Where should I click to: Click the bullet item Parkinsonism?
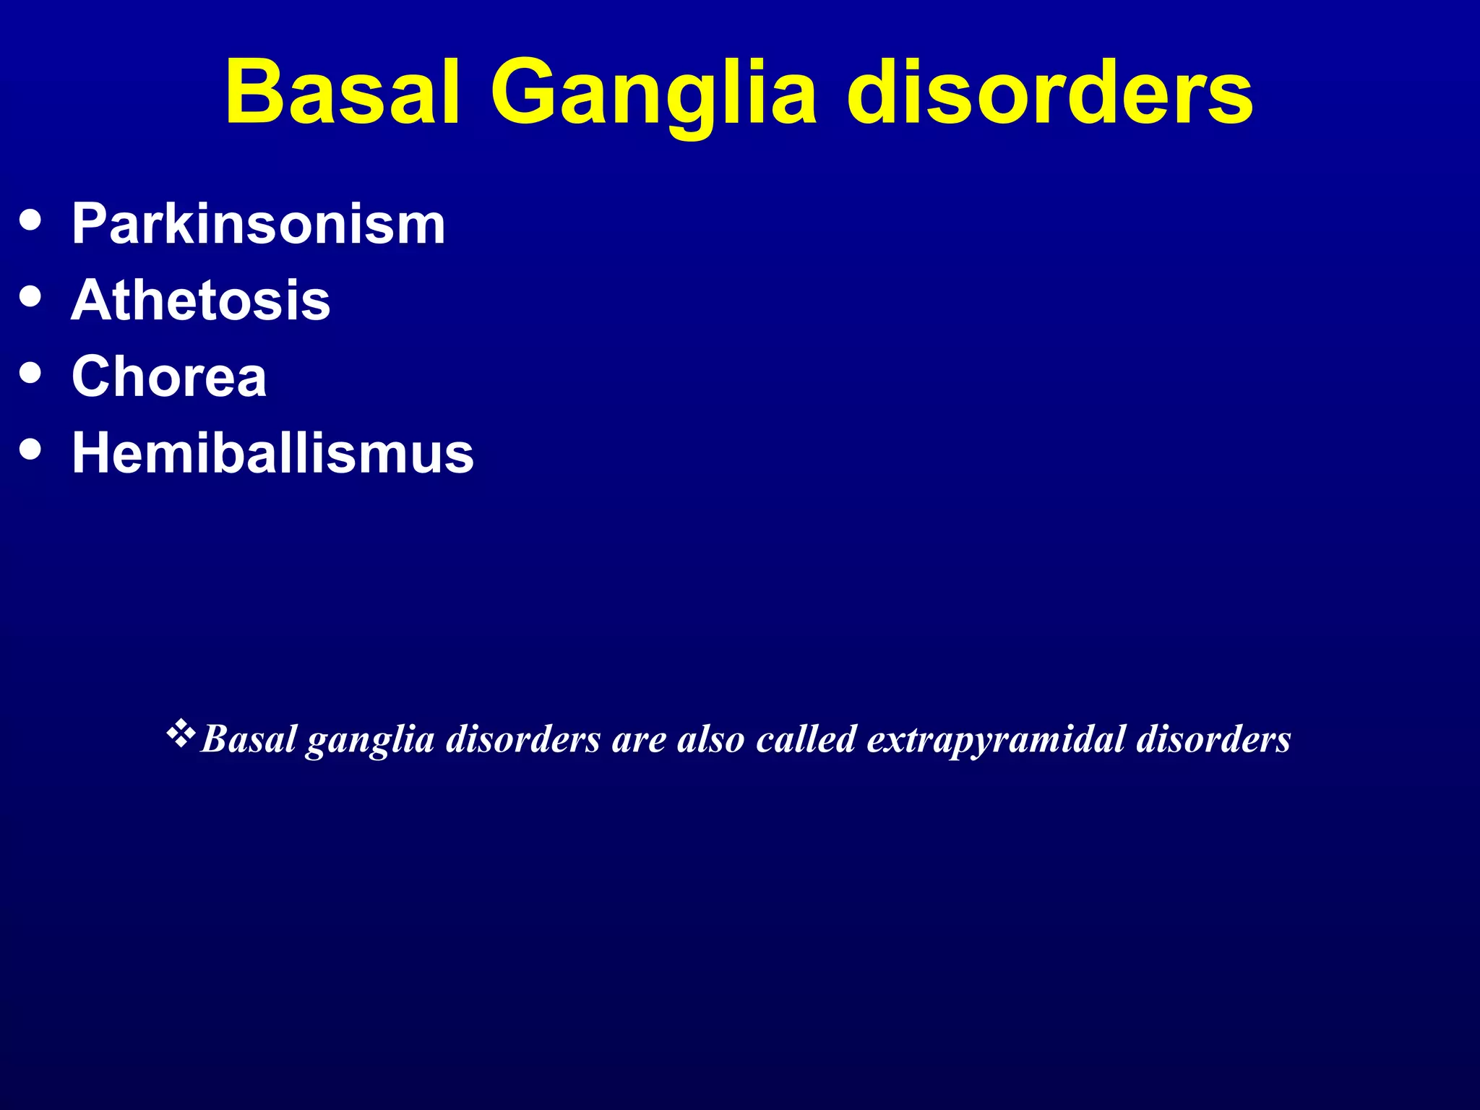258,224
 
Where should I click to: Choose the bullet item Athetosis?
200,301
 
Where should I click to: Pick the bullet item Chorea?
169,377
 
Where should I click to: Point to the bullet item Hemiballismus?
272,453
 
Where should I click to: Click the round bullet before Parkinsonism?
30,219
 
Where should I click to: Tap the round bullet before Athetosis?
30,296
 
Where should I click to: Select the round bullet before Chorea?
30,372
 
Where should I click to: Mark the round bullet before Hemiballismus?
30,449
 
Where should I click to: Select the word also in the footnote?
710,739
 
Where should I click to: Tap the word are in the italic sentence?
638,740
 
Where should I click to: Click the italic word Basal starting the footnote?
249,739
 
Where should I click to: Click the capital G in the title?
525,92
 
